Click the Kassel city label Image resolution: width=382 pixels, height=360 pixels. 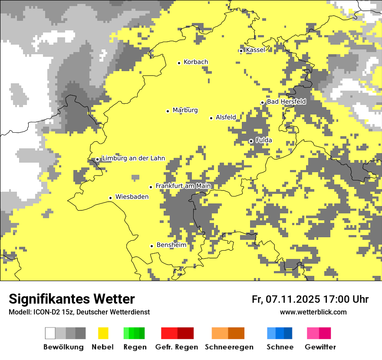pos(255,50)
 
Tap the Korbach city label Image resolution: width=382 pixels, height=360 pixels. pos(195,62)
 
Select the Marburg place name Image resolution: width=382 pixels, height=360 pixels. pos(185,110)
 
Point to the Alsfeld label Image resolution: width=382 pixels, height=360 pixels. pos(226,117)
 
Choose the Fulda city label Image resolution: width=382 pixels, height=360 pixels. pos(263,140)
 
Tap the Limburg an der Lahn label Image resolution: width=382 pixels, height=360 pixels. pos(133,158)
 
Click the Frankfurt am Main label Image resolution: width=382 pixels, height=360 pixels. pos(183,186)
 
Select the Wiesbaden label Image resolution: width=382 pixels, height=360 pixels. pos(132,197)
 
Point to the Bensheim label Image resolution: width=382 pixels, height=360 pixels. pos(171,245)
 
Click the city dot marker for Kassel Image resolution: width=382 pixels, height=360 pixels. pos(241,51)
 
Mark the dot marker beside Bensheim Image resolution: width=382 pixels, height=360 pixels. pos(151,246)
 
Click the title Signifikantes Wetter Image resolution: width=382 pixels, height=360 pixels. pos(72,299)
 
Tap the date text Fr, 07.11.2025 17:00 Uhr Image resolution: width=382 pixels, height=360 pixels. pos(310,299)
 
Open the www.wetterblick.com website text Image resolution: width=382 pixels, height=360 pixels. pos(313,312)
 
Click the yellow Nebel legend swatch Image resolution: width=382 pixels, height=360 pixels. pos(103,333)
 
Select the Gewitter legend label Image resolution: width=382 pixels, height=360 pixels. pos(320,347)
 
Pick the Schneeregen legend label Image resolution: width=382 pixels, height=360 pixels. pos(229,347)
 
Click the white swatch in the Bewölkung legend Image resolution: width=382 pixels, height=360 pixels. pos(50,333)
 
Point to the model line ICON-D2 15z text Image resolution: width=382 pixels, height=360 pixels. pos(79,312)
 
